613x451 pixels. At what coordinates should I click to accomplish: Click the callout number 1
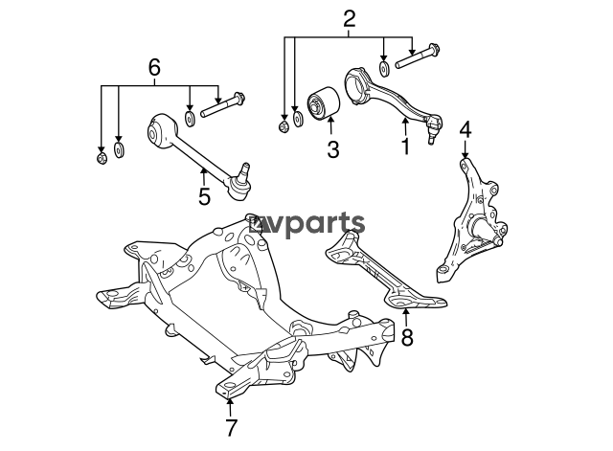(x=406, y=147)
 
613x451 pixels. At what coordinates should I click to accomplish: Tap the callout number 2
(x=349, y=19)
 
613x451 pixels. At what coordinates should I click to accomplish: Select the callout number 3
(x=333, y=149)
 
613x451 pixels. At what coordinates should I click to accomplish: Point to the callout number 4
(x=465, y=130)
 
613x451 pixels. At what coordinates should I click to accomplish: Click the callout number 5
(x=204, y=196)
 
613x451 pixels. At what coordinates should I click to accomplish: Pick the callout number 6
(x=154, y=68)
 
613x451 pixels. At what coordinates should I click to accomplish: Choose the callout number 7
(x=231, y=428)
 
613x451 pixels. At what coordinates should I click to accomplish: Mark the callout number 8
(x=407, y=337)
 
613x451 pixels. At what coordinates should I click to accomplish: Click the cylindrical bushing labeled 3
(x=323, y=102)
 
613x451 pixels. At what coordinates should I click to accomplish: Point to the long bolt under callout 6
(x=222, y=104)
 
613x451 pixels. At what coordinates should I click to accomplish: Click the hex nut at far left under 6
(x=102, y=158)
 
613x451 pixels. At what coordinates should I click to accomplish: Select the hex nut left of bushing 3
(x=284, y=127)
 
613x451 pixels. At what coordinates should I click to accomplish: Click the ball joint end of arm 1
(x=433, y=126)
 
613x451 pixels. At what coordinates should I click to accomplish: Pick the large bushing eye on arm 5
(x=161, y=131)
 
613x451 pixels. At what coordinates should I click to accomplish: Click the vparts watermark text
(x=307, y=225)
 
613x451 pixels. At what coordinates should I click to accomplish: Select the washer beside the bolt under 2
(x=384, y=68)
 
